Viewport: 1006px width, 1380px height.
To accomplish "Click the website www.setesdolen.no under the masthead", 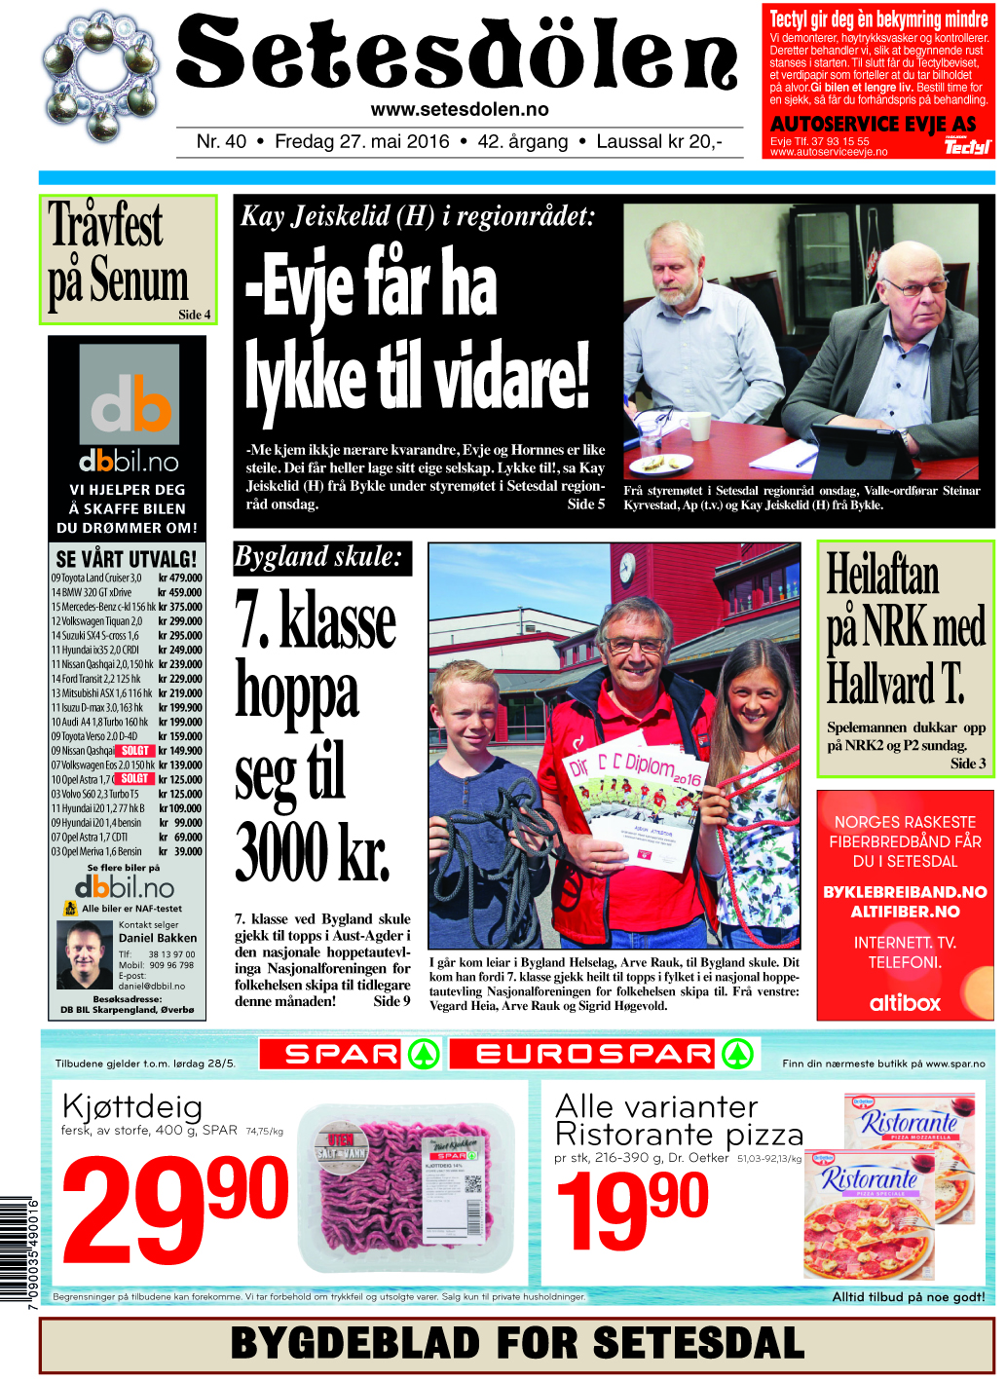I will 460,110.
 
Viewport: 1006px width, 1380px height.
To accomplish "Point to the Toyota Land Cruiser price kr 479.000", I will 180,578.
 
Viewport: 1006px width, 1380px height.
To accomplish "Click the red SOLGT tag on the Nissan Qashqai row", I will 135,751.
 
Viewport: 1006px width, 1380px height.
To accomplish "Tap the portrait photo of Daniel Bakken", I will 85,954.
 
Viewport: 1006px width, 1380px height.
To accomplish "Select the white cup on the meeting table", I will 699,426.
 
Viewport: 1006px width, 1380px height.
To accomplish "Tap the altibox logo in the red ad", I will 905,1003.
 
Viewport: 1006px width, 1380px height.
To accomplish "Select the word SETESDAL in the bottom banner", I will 698,1344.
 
